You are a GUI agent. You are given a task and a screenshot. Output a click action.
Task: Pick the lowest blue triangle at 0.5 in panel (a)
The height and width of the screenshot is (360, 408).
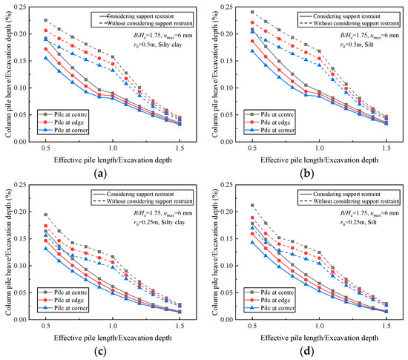click(x=46, y=58)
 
